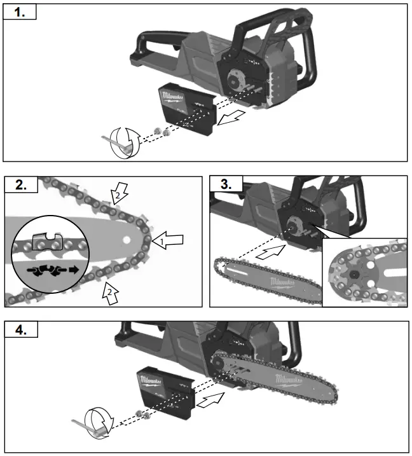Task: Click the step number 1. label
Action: pos(20,12)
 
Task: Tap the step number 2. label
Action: pos(20,184)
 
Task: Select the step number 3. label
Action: pos(226,184)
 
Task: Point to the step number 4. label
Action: pos(20,329)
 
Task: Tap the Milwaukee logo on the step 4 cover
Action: pos(151,380)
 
